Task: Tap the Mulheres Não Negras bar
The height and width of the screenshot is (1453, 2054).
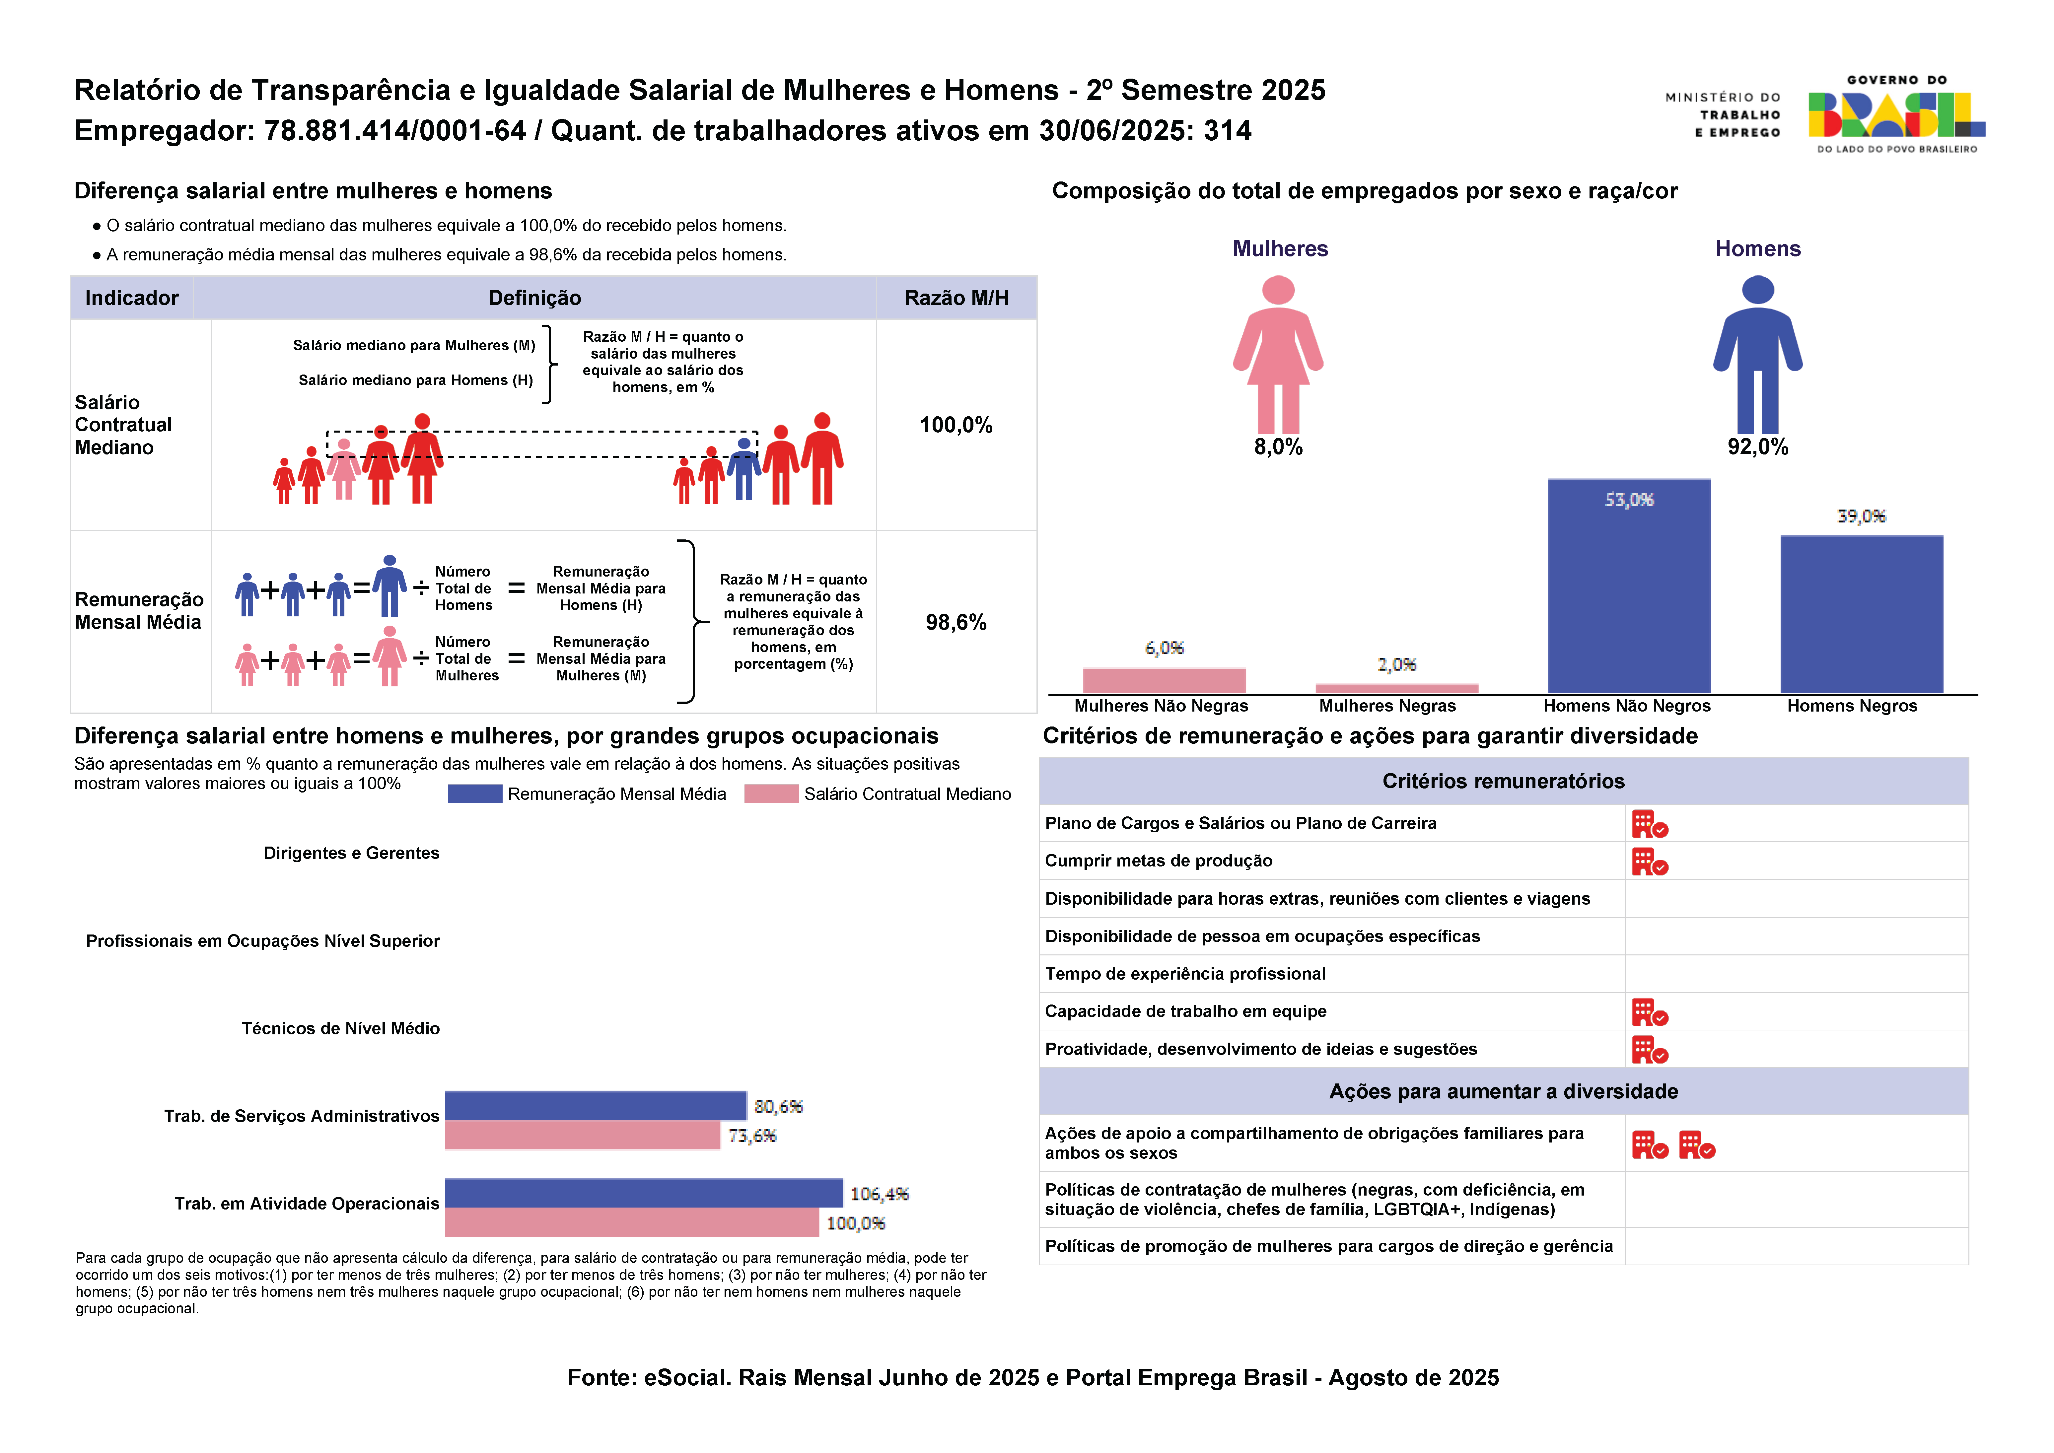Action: pyautogui.click(x=1164, y=680)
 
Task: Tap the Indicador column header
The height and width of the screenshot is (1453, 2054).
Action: pyautogui.click(x=131, y=298)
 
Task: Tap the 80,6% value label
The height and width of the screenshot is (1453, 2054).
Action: pyautogui.click(x=777, y=1107)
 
